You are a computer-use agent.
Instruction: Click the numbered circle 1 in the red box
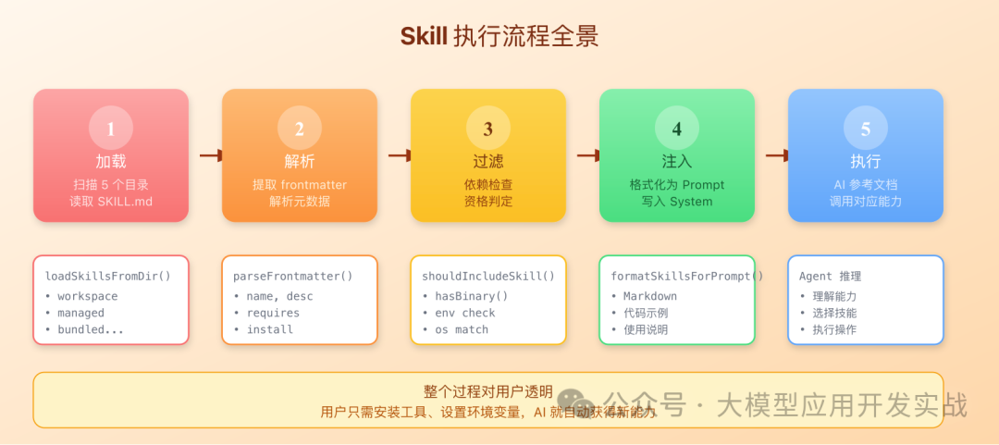click(111, 129)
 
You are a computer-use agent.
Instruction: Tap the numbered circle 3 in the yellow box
click(488, 129)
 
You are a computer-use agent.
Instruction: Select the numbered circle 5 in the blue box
click(866, 129)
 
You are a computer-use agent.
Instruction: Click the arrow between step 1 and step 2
click(206, 155)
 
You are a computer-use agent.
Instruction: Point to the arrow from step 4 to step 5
click(772, 155)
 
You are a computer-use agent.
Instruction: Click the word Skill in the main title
click(424, 36)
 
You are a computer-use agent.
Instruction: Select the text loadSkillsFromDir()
click(108, 276)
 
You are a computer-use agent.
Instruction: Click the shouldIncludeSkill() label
click(488, 276)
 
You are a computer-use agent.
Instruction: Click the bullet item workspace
click(88, 296)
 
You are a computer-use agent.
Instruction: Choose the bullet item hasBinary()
click(472, 296)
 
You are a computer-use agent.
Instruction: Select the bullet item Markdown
click(650, 296)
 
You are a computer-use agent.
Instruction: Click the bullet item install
click(269, 329)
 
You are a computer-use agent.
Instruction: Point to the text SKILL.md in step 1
click(126, 202)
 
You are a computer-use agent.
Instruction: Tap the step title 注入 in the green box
click(677, 162)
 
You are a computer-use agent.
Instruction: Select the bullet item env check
click(465, 313)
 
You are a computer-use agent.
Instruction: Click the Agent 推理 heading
click(830, 276)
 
